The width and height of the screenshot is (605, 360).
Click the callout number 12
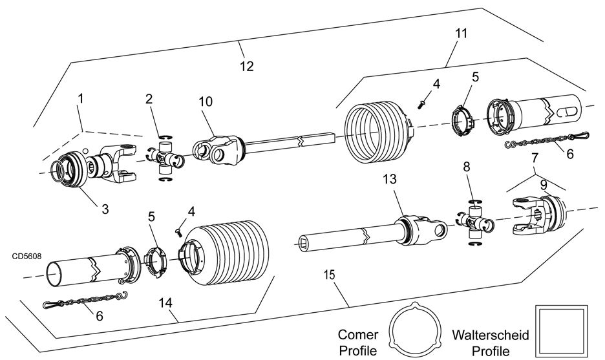(247, 67)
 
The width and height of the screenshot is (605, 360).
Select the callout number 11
(461, 34)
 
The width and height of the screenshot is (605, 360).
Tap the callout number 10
(206, 102)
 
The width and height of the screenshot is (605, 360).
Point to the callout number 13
(390, 179)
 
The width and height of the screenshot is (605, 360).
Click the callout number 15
(330, 275)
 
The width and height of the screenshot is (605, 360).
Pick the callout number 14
(165, 303)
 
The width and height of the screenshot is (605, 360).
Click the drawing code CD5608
(27, 256)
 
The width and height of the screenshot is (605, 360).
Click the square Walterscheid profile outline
(562, 332)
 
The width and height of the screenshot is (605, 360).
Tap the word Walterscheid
(491, 335)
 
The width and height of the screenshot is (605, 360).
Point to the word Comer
(357, 334)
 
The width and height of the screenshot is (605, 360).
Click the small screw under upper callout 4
(421, 103)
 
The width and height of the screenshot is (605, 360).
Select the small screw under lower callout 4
(178, 231)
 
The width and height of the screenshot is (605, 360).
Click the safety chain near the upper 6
(547, 140)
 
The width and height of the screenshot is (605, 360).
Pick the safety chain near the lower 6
(85, 300)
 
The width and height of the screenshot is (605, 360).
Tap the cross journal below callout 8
(474, 222)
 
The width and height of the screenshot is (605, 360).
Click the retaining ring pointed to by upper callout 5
(462, 120)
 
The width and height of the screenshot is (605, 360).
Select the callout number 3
(105, 209)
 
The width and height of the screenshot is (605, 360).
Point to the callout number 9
(543, 185)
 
